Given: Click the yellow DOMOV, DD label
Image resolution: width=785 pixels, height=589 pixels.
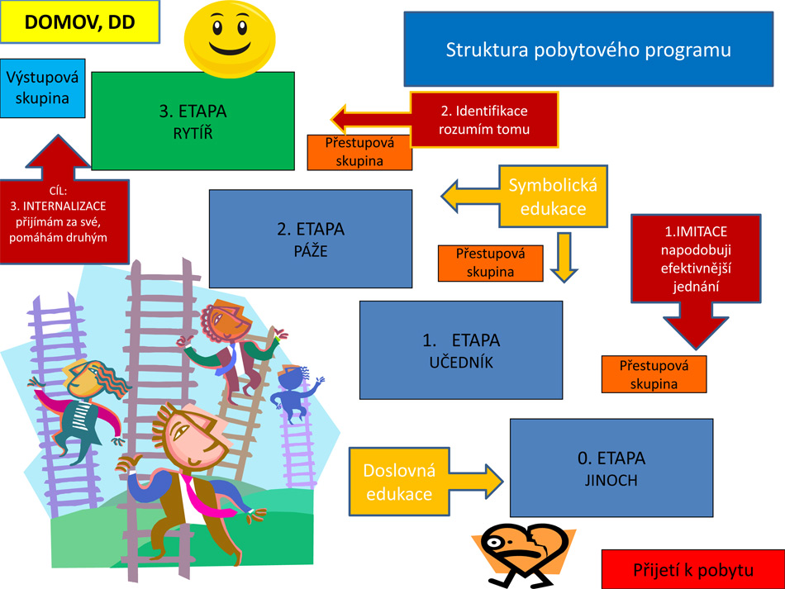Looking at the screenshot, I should [79, 22].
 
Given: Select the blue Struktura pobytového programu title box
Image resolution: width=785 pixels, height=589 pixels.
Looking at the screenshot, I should [588, 50].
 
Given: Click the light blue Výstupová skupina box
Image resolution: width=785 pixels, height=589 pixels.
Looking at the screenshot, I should [43, 88].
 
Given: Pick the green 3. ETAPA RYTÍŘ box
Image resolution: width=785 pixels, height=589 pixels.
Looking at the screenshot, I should [193, 121].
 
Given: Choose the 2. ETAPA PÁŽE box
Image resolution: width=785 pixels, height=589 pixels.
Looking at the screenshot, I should [310, 239].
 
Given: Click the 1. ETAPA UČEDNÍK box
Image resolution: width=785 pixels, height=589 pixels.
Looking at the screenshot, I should [460, 349].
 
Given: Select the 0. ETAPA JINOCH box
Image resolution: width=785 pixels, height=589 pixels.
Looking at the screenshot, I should [611, 468].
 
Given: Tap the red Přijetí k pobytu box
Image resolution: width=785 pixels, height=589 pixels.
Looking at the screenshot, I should [692, 570].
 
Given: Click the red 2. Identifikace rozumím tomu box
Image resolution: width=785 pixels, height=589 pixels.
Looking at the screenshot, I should [484, 120].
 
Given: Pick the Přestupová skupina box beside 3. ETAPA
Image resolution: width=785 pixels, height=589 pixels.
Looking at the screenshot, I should [359, 152].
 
